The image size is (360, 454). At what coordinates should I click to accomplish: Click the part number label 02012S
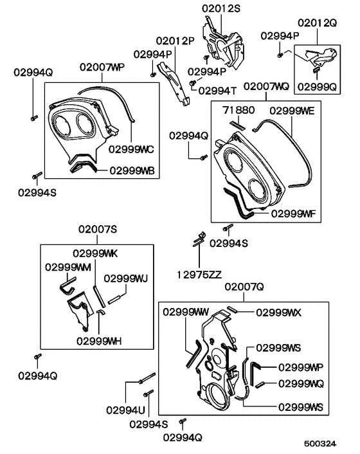[221, 8]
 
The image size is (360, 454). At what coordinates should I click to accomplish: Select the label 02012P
[174, 39]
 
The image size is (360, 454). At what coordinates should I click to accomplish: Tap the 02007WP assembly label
[102, 67]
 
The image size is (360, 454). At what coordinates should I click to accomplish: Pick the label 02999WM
[67, 266]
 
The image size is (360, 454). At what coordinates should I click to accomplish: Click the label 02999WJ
[126, 278]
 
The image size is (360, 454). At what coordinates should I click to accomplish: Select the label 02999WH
[99, 340]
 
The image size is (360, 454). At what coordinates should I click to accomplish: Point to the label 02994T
[219, 89]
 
